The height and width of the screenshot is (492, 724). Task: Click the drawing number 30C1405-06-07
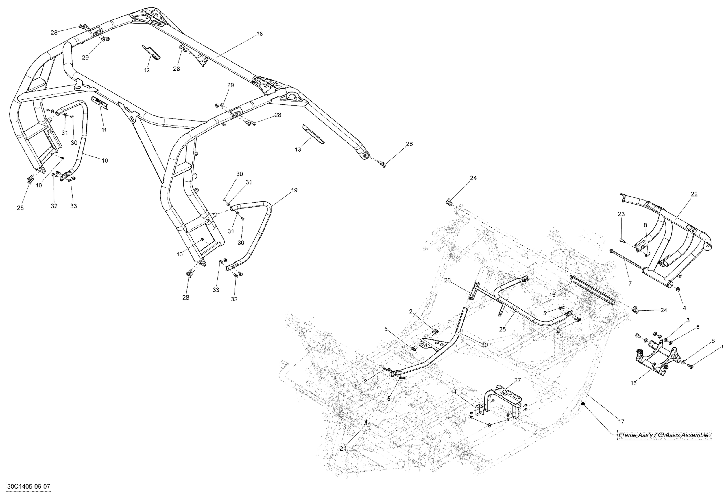click(x=29, y=487)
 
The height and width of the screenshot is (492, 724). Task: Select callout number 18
click(x=260, y=34)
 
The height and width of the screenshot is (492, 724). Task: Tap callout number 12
click(x=146, y=70)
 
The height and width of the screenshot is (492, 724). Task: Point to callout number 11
click(x=104, y=130)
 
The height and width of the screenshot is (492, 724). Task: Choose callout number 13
click(x=298, y=150)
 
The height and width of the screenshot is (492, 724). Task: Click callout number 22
click(x=694, y=194)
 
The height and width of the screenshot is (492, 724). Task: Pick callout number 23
click(x=621, y=214)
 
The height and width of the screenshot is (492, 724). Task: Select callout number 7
click(x=630, y=283)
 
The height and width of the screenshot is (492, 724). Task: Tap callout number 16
click(x=552, y=295)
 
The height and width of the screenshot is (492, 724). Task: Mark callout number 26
click(x=447, y=280)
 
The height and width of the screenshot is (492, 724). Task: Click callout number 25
click(x=502, y=329)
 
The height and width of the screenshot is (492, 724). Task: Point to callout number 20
click(x=484, y=345)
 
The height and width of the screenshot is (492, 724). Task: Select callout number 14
click(x=453, y=392)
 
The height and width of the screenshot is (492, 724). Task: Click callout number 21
click(x=343, y=449)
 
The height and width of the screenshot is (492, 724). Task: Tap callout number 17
click(x=621, y=422)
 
